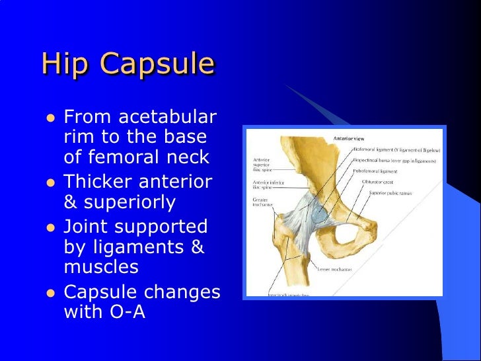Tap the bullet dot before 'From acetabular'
tap(49, 118)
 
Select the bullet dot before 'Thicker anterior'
tap(49, 182)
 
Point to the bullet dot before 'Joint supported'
tap(49, 227)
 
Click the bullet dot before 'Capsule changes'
tap(49, 292)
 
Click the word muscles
tap(101, 266)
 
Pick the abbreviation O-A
tap(124, 311)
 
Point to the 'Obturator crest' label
tap(380, 181)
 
